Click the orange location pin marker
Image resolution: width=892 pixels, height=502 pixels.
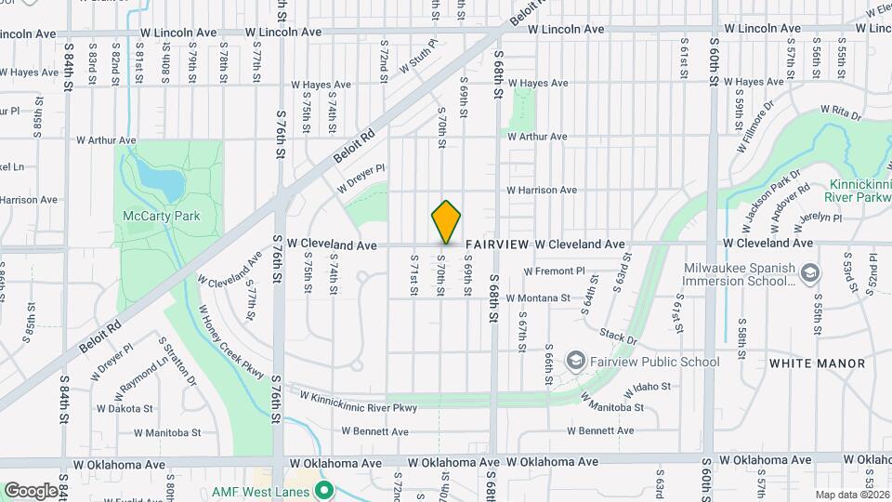point(446,222)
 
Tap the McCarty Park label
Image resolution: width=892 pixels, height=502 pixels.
point(162,216)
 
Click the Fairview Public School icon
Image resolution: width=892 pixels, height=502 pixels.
point(575,362)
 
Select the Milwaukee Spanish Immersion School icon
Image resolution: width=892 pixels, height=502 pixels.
point(810,273)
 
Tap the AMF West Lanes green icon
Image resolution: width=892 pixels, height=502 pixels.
point(323,489)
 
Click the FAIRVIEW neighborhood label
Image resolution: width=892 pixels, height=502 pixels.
point(497,244)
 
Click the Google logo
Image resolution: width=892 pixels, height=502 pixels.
point(32,490)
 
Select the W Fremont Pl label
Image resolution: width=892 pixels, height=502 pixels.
point(554,271)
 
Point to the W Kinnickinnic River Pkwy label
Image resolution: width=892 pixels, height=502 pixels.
point(358,402)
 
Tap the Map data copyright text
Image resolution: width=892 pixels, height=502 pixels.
point(851,495)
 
